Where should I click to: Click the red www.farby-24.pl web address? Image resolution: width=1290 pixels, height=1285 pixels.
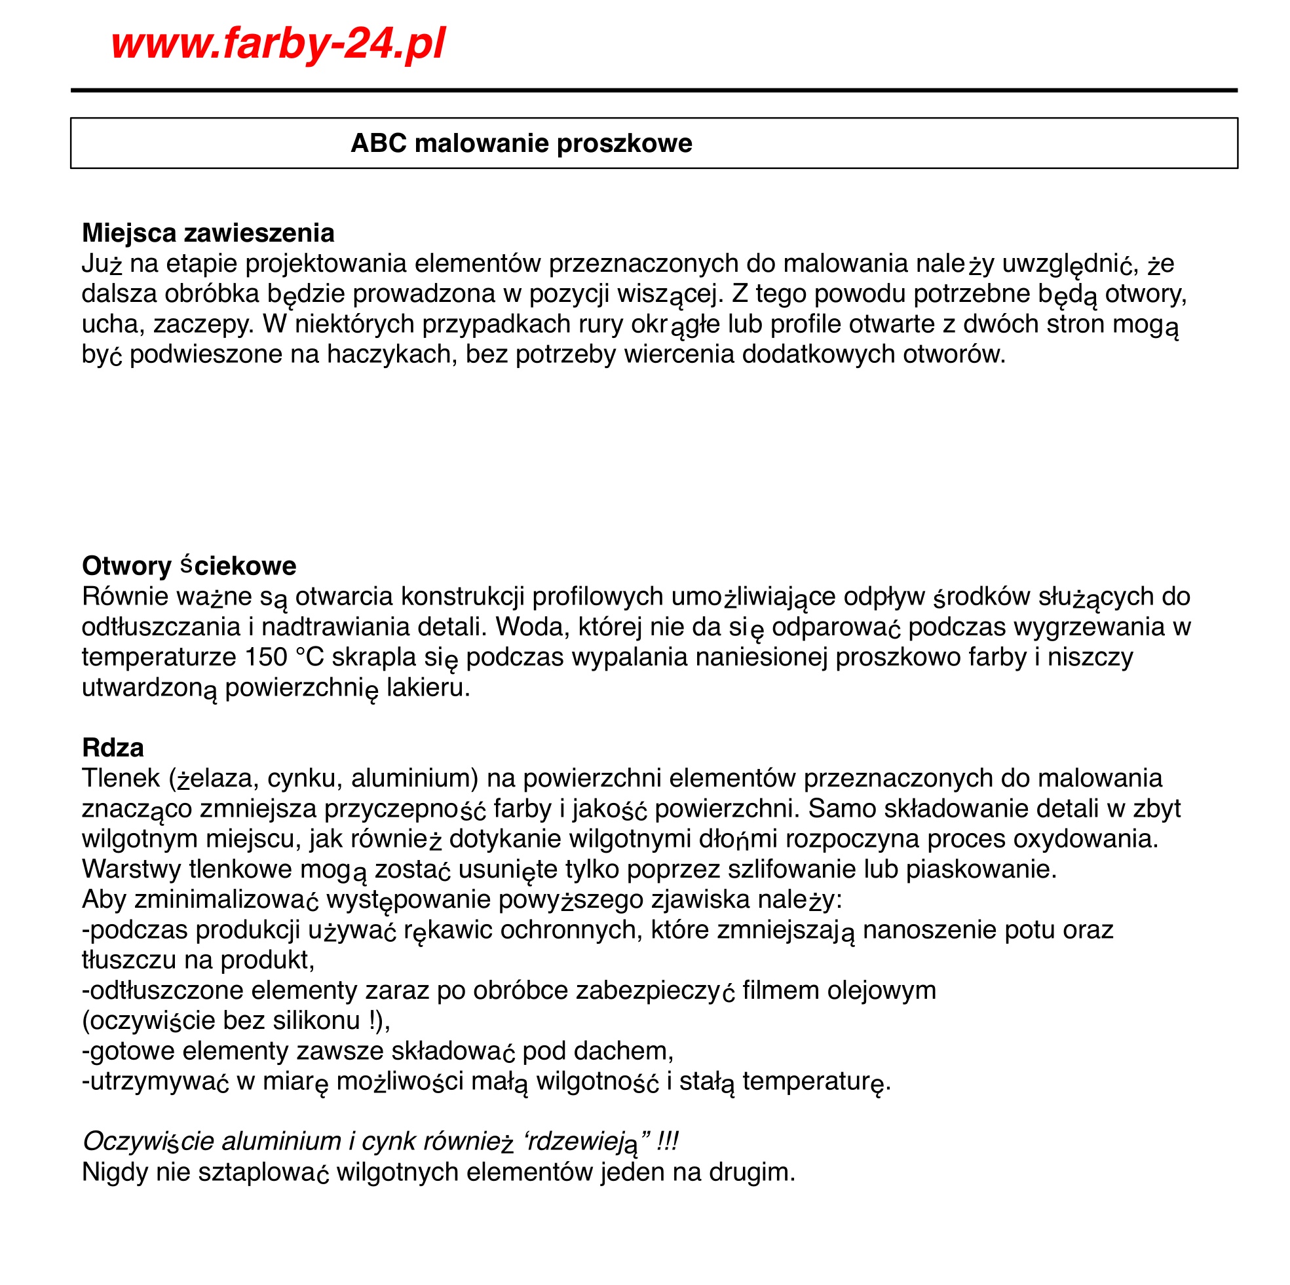click(278, 44)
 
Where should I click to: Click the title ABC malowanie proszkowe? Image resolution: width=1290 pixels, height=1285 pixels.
click(522, 143)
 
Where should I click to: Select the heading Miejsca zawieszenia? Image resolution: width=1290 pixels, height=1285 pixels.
click(208, 233)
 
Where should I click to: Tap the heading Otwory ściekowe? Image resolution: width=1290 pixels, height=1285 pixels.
click(189, 566)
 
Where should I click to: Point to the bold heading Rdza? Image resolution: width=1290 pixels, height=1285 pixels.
click(113, 748)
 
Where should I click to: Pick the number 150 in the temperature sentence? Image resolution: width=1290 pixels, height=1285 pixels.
click(267, 657)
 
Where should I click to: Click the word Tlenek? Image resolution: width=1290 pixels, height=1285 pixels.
click(121, 778)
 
